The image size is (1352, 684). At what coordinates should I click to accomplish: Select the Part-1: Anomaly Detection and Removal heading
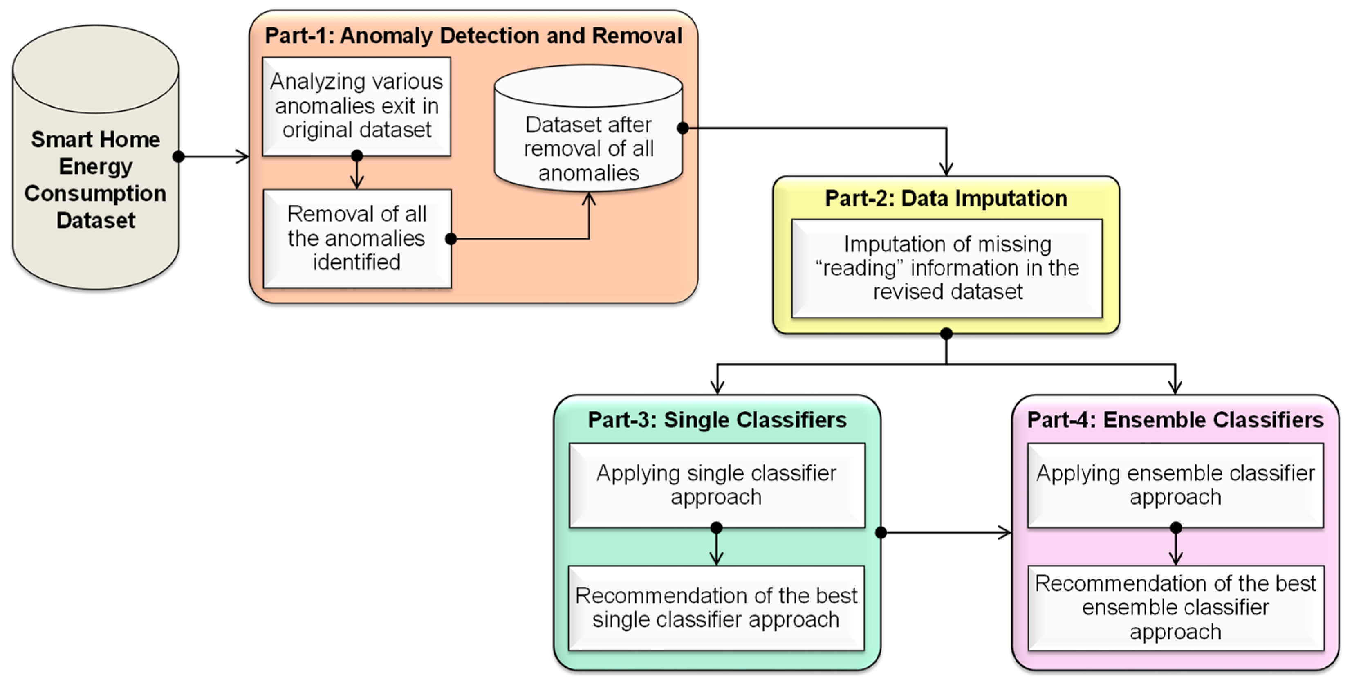[x=473, y=36]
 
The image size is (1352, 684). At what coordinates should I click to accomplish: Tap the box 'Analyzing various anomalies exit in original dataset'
[x=356, y=106]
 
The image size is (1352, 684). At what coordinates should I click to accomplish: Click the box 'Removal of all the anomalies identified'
[x=357, y=238]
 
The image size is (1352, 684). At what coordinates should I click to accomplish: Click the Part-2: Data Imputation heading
[x=946, y=198]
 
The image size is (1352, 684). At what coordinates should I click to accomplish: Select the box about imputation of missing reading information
[x=947, y=268]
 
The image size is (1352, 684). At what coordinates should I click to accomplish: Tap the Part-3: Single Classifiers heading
[x=717, y=420]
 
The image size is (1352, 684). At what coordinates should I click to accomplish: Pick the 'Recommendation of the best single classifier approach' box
[x=716, y=608]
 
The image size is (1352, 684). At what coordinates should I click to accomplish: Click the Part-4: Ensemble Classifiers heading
[x=1175, y=420]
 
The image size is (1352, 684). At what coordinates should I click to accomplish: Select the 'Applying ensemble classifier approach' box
[x=1175, y=485]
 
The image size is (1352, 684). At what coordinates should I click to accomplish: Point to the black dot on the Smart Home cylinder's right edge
[x=178, y=157]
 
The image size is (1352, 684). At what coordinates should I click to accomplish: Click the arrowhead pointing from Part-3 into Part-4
[x=1005, y=533]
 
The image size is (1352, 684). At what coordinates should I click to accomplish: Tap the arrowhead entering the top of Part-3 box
[x=717, y=388]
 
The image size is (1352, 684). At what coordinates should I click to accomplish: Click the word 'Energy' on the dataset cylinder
[x=96, y=166]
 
